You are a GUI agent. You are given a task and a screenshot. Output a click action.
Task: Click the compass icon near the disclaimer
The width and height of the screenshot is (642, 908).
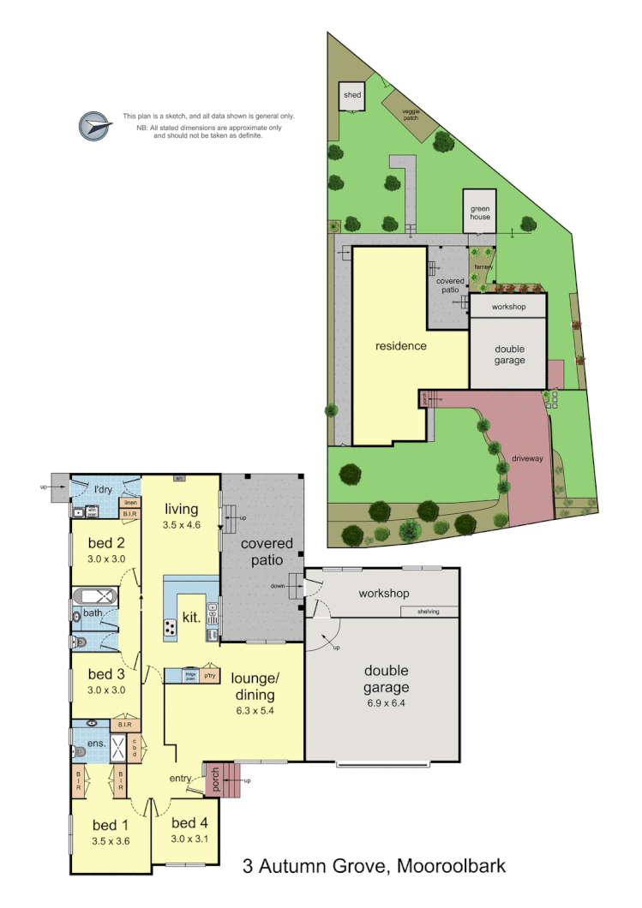point(95,127)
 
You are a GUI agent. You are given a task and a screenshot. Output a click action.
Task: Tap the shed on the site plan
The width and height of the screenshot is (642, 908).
point(352,96)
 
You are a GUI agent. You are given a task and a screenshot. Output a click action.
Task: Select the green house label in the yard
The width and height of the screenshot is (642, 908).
point(480,212)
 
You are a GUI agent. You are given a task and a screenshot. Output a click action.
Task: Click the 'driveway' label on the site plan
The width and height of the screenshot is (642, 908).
point(528,458)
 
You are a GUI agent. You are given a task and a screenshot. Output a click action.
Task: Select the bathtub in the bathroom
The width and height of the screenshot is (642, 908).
point(95,596)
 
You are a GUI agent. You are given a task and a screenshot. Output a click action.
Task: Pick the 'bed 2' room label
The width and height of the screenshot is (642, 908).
point(107,542)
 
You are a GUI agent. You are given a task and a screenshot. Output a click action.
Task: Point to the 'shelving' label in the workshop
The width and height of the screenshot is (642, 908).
point(429,612)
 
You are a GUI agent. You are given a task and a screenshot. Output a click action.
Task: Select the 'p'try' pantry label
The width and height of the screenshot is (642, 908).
point(209,676)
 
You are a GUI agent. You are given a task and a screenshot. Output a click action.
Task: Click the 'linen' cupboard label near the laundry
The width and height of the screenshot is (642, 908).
point(129,503)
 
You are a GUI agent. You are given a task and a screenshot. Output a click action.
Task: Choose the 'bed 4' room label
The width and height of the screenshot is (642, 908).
point(189,823)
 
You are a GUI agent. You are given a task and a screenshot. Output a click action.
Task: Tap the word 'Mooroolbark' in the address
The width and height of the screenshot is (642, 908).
point(452,867)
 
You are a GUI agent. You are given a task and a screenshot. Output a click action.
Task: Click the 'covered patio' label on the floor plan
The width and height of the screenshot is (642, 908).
point(266,552)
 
